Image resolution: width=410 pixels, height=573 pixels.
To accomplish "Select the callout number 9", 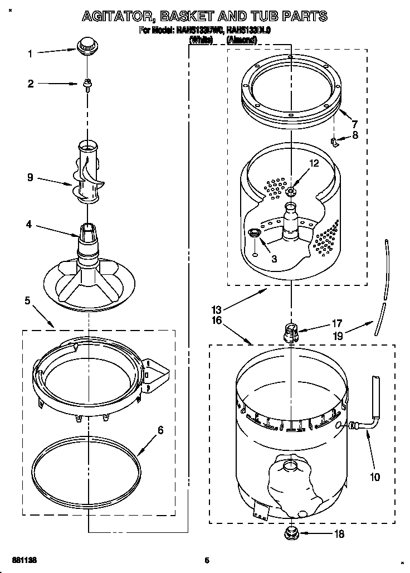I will pyautogui.click(x=30, y=178).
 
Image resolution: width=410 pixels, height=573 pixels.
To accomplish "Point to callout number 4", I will pyautogui.click(x=28, y=226).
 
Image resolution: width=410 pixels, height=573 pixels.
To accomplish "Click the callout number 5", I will pyautogui.click(x=28, y=302).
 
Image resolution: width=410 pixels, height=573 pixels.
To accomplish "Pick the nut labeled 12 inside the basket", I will pyautogui.click(x=291, y=192).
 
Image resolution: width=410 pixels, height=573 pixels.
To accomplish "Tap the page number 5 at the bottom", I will pyautogui.click(x=206, y=560).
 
